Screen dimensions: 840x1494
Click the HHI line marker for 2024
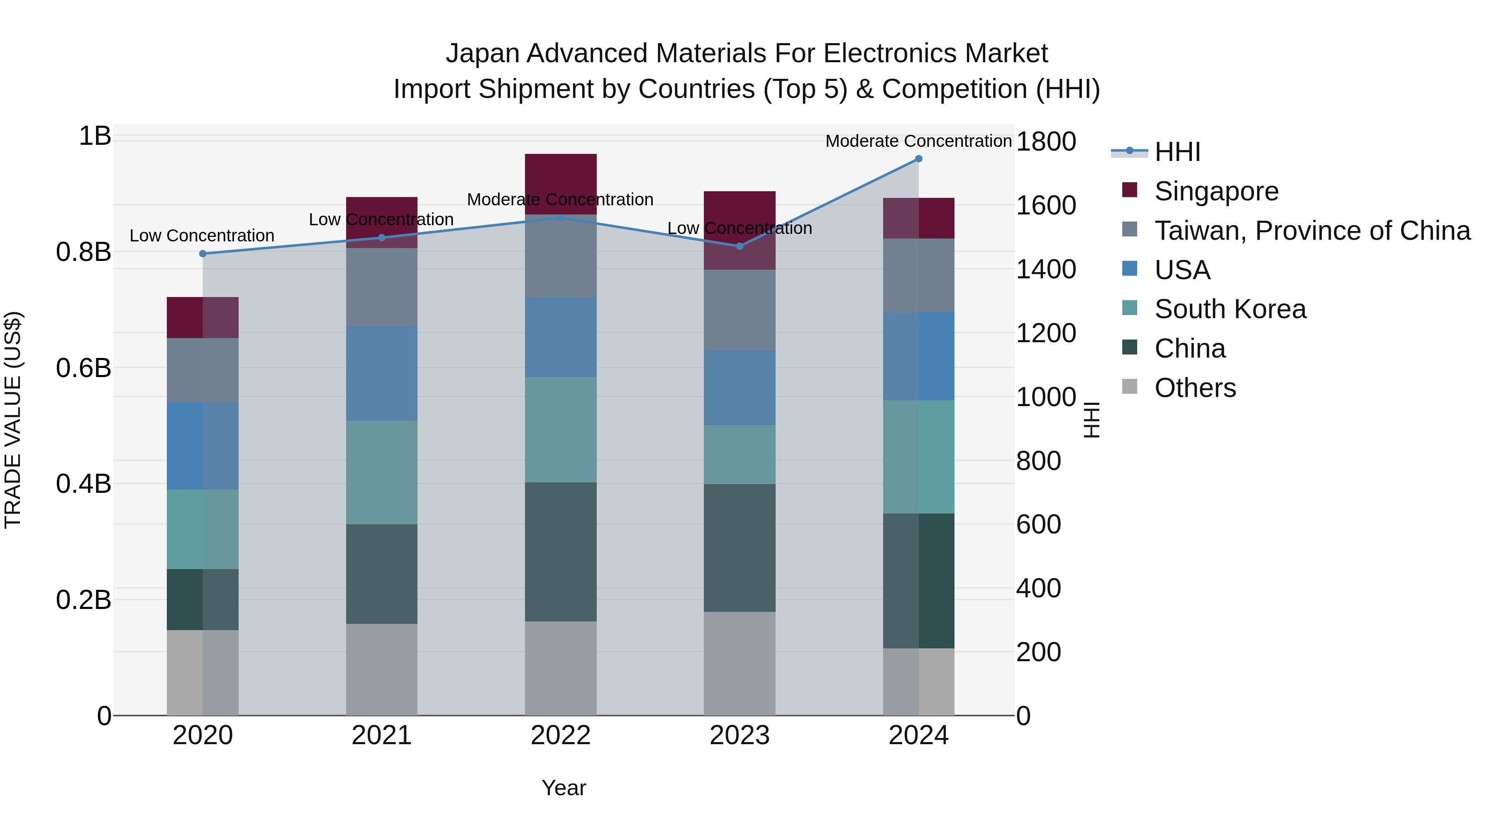click(918, 158)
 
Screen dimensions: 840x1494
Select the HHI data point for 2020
click(203, 253)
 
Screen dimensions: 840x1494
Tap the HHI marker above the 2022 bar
click(560, 218)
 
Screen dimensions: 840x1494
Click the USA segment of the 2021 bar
click(382, 373)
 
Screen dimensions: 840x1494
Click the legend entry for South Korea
click(1230, 309)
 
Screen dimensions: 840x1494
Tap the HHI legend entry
click(1177, 152)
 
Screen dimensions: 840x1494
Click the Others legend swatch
click(1129, 387)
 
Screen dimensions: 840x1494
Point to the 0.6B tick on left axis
click(83, 368)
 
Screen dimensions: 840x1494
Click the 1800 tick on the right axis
click(1046, 141)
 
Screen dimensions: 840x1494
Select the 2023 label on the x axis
click(740, 735)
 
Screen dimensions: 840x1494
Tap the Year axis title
click(564, 788)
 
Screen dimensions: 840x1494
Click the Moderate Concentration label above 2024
click(918, 141)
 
